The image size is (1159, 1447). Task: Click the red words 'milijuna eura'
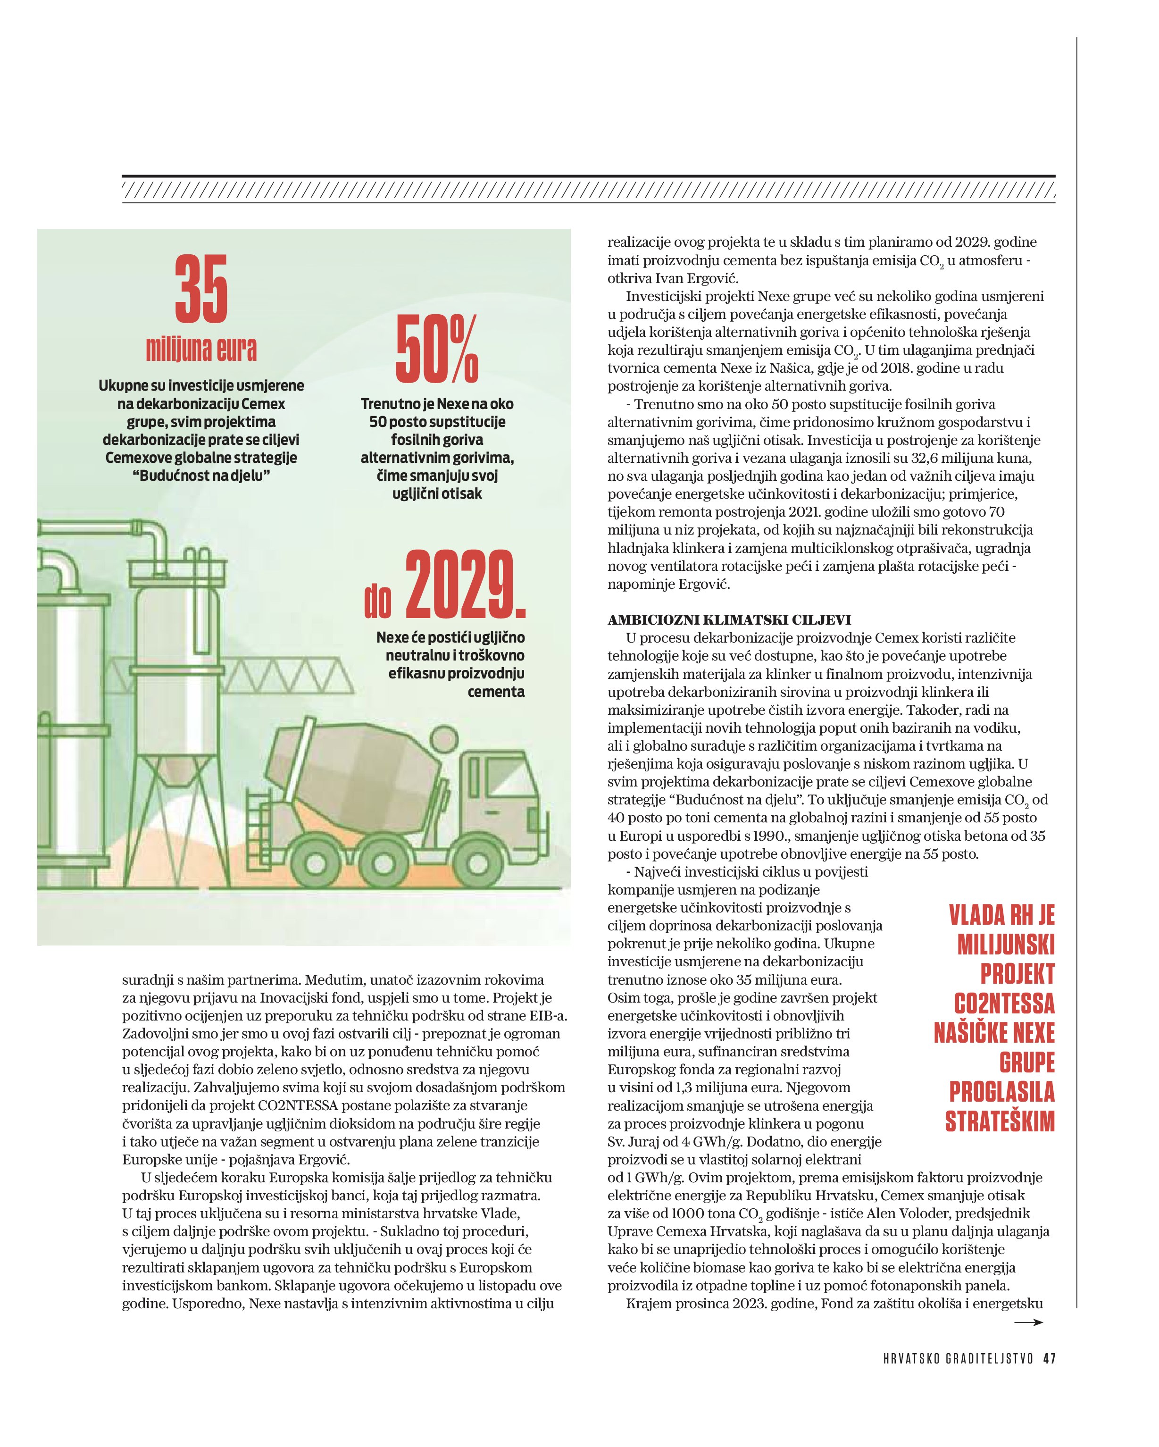pos(201,349)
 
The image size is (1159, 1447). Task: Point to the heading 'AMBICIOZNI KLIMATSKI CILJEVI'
pos(729,619)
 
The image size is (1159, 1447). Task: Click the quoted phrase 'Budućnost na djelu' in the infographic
pos(201,476)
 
